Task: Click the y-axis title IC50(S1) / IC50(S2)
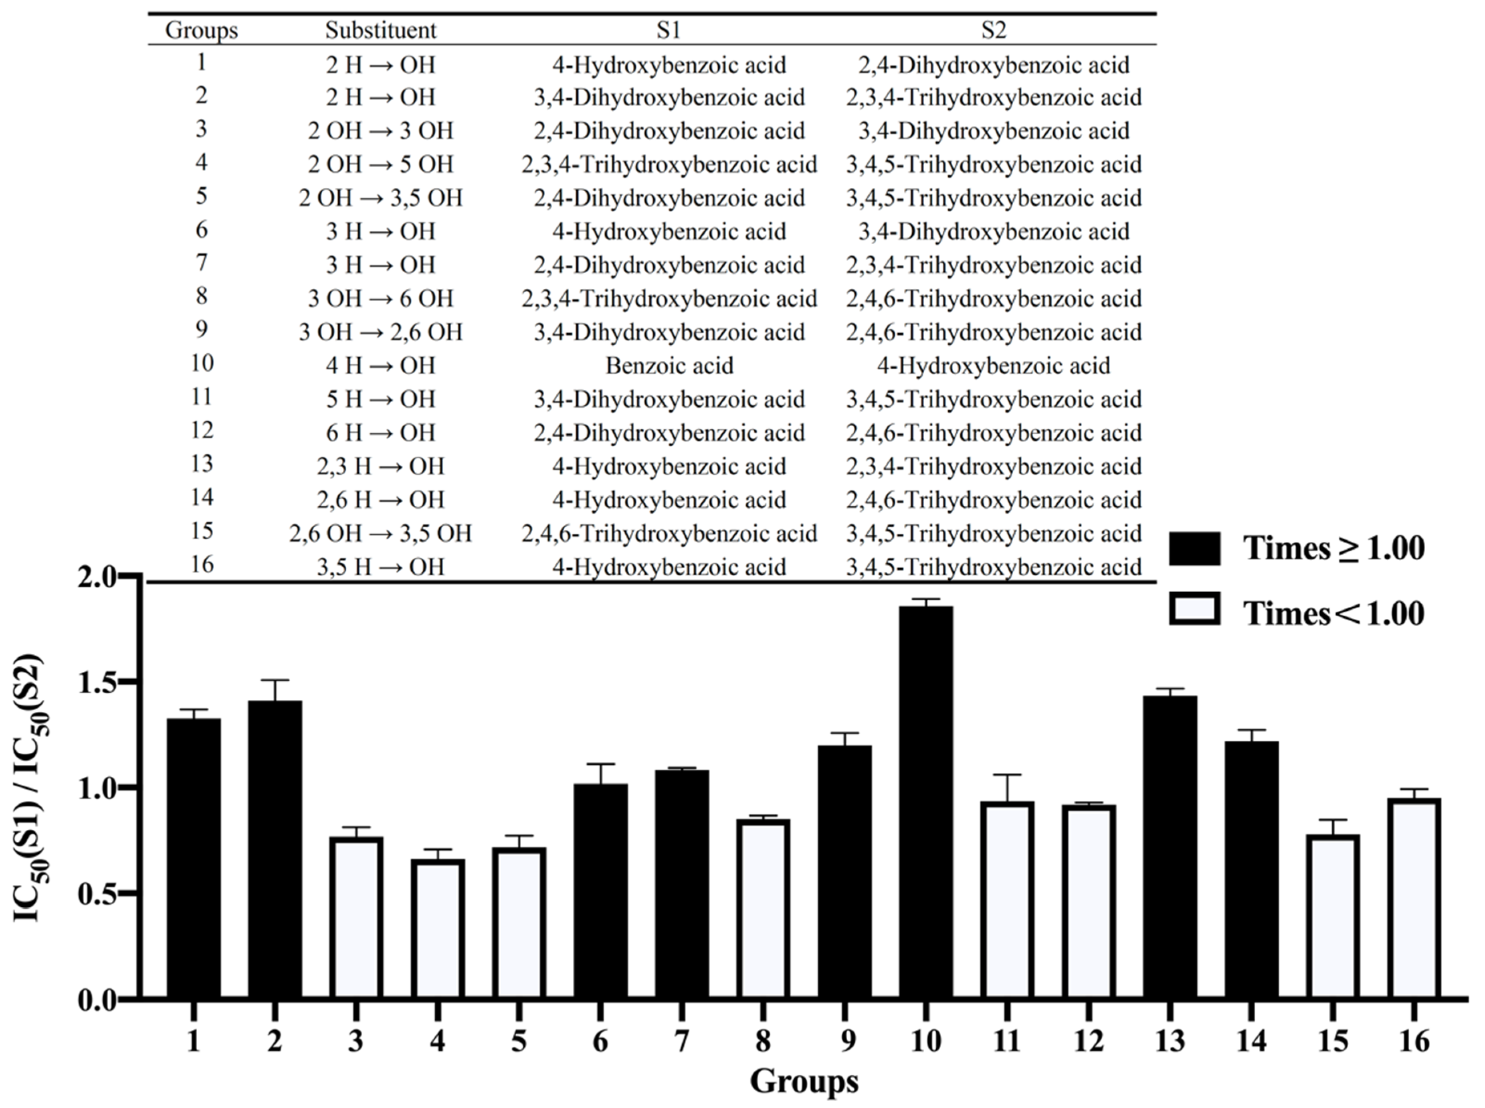(x=28, y=788)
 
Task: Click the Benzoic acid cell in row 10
(x=669, y=366)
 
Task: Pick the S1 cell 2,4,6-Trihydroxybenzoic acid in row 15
(x=669, y=533)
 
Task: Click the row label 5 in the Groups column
(x=201, y=196)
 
